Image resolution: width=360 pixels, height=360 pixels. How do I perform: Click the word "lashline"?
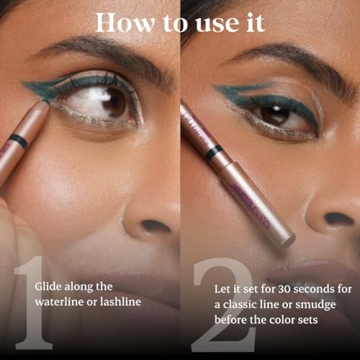pos(118,302)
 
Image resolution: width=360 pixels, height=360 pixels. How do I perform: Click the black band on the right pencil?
pos(214,152)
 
